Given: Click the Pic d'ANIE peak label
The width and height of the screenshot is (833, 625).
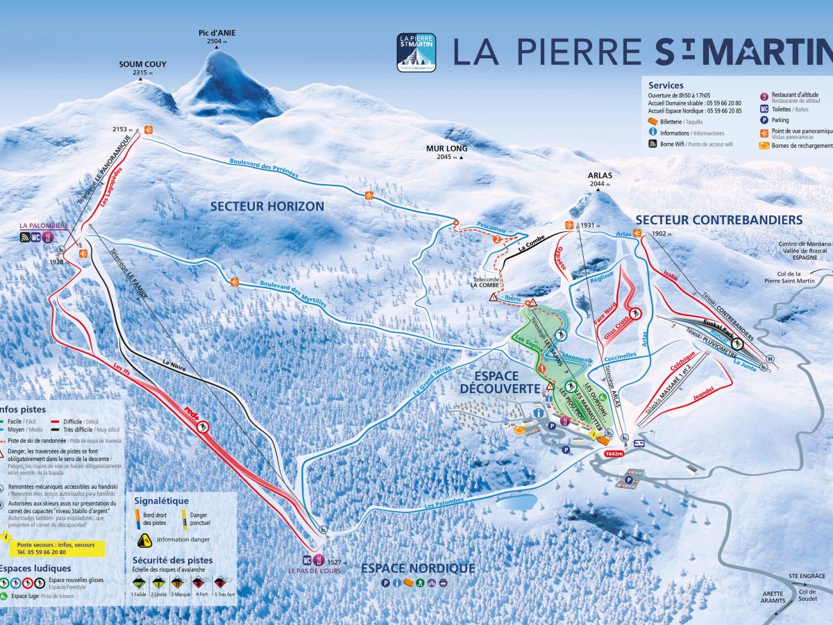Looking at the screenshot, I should click(x=214, y=33).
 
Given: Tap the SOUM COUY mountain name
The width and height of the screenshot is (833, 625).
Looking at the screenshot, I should click(x=142, y=64).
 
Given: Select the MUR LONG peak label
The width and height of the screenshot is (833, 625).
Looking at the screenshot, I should click(x=447, y=148).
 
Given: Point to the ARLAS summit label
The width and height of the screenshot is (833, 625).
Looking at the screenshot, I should click(x=600, y=175).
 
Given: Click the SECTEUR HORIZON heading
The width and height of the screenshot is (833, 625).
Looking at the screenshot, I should click(x=267, y=206).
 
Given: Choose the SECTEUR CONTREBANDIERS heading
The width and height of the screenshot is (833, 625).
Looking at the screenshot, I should click(x=718, y=220).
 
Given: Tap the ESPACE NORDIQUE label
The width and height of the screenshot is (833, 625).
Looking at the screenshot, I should click(x=418, y=569).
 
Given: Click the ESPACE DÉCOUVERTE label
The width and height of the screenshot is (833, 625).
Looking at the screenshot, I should click(x=498, y=383).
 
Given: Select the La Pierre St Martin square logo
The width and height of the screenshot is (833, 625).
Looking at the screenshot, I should click(x=416, y=53).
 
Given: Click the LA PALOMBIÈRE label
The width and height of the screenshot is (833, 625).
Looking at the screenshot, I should click(x=44, y=225).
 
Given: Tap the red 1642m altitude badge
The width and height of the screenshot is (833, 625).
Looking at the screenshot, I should click(x=614, y=453).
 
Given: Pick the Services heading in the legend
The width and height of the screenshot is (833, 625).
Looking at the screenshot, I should click(x=666, y=85).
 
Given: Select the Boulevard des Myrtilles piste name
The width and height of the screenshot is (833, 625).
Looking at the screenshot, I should click(x=292, y=292).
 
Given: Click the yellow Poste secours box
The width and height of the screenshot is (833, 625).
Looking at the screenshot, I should click(x=56, y=549).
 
